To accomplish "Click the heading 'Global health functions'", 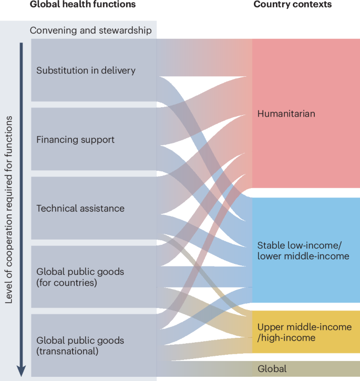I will point(83,5).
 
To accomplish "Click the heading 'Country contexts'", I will point(292,5).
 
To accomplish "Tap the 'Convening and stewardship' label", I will point(91,30).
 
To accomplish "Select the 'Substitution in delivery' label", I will point(86,70).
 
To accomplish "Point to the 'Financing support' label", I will point(75,140).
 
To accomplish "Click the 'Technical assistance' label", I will point(80,209).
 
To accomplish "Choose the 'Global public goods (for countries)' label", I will point(80,277).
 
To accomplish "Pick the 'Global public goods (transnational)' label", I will point(80,346).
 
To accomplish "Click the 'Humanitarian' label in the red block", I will point(286,114).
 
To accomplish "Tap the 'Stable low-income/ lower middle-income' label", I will point(303,251).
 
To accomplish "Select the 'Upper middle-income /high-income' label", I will point(304,332).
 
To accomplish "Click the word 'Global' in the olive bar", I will point(272,369).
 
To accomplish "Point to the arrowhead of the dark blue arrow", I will point(22,370).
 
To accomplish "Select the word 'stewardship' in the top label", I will point(125,30).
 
